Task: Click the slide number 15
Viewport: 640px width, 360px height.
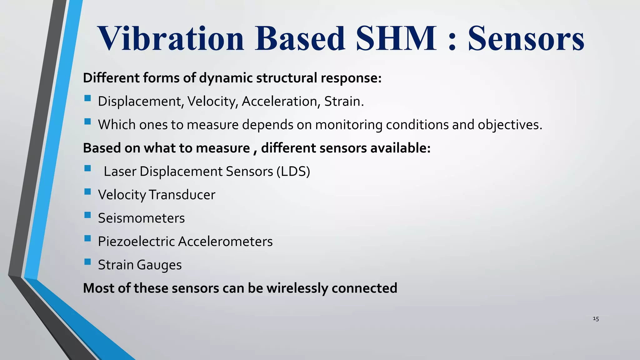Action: pos(596,319)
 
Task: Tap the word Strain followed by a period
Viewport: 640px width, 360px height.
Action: pos(344,102)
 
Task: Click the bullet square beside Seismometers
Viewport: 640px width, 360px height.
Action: pos(87,215)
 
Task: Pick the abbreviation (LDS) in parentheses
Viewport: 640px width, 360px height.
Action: pos(293,172)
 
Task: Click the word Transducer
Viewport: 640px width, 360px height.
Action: pos(182,195)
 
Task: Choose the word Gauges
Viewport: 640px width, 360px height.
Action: pos(159,265)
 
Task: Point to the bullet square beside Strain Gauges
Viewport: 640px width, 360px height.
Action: pos(87,262)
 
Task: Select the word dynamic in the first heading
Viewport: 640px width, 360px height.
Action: pos(226,78)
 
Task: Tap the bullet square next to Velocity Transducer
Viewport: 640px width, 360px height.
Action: pos(87,192)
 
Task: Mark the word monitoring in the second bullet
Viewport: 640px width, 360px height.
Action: pos(349,125)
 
